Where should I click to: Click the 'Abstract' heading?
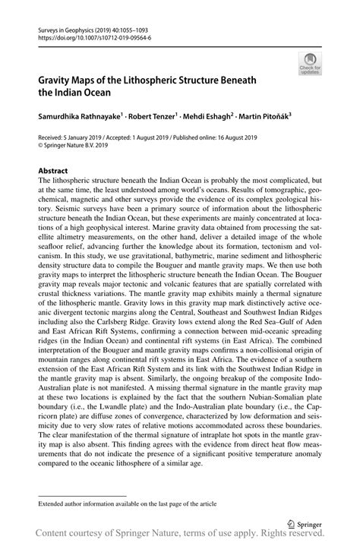pos(53,172)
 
